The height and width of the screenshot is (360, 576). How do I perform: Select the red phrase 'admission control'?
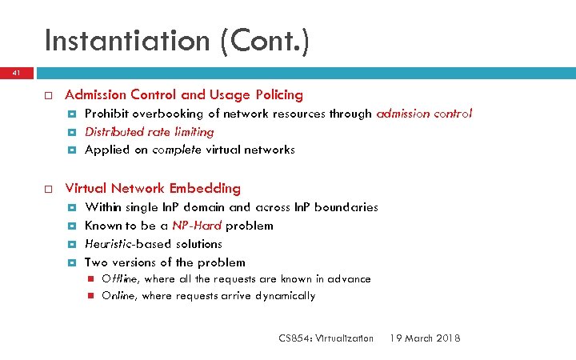[424, 114]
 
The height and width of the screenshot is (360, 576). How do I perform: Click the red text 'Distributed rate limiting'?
[149, 131]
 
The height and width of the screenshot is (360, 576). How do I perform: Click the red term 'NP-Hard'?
[197, 226]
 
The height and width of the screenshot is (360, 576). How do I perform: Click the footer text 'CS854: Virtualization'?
[326, 338]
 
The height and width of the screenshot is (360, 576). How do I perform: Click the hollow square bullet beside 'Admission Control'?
[47, 95]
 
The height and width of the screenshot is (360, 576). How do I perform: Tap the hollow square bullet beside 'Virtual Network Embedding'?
[47, 189]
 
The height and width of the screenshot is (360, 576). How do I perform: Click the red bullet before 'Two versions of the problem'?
[72, 262]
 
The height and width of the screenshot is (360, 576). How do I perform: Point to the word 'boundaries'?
[346, 207]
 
